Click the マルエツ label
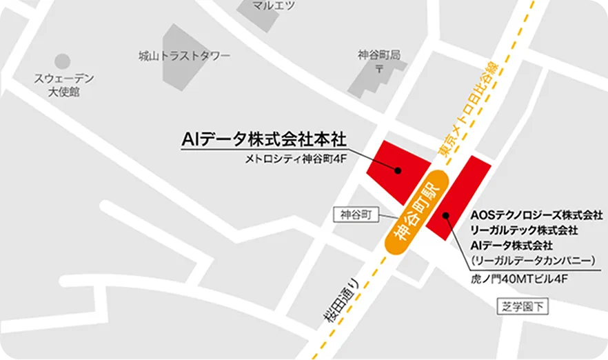pyautogui.click(x=274, y=6)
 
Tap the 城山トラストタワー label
pyautogui.click(x=184, y=56)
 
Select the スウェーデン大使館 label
pyautogui.click(x=64, y=85)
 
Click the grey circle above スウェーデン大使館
pyautogui.click(x=63, y=62)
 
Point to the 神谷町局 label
pyautogui.click(x=379, y=54)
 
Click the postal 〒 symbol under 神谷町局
pyautogui.click(x=379, y=68)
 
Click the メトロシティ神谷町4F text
pyautogui.click(x=294, y=159)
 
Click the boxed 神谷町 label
pyautogui.click(x=356, y=215)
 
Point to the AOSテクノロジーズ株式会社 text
pyautogui.click(x=537, y=214)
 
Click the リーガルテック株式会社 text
pyautogui.click(x=525, y=230)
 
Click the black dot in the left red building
pyautogui.click(x=398, y=170)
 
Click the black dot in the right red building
pyautogui.click(x=447, y=216)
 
